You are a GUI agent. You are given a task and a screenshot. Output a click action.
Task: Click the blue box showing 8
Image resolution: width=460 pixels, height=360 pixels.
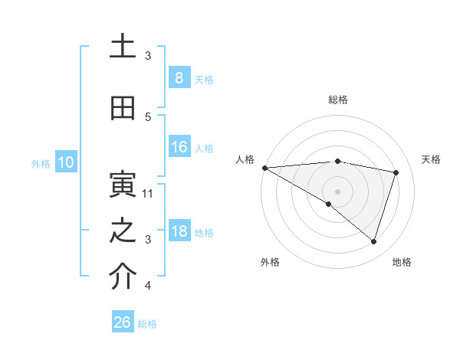[x=179, y=78]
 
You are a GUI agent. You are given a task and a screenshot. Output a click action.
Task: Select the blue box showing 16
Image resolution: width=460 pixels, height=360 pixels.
[x=179, y=147]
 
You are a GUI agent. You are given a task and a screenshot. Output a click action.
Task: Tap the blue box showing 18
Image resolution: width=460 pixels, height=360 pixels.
[x=179, y=231]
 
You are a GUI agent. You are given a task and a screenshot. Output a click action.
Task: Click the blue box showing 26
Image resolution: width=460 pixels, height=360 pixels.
[x=123, y=322]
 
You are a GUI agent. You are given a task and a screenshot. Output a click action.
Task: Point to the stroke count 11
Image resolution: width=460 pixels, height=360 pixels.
[x=149, y=193]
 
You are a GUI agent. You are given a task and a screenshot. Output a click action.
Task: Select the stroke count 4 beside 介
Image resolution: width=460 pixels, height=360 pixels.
[x=149, y=286]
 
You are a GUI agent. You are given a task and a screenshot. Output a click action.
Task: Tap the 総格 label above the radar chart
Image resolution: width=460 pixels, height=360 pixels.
[x=338, y=100]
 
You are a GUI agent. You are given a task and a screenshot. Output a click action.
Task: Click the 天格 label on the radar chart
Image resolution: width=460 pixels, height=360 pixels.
[x=432, y=159]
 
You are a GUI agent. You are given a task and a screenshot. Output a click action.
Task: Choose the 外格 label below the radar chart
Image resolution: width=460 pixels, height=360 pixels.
[x=270, y=262]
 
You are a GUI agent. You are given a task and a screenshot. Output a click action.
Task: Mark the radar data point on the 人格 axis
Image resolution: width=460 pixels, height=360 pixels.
[x=264, y=168]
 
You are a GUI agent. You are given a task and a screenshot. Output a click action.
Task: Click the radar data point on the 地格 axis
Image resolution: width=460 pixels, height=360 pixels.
[x=373, y=241]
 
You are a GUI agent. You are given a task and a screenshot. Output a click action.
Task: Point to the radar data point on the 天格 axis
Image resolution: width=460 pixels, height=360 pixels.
[x=396, y=172]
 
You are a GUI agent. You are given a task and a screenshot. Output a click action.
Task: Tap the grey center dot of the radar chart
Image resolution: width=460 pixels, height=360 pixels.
[x=337, y=191]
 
